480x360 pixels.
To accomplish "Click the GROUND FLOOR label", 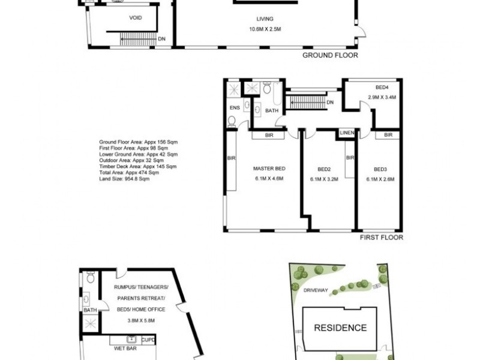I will (x=329, y=55).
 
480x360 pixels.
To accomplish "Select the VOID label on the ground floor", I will (x=136, y=18).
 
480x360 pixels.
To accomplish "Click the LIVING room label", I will (x=265, y=19).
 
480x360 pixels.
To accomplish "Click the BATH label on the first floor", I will (x=272, y=110).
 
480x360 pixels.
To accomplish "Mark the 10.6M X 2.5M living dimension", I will (x=265, y=28).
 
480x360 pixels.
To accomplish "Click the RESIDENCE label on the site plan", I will (x=341, y=328).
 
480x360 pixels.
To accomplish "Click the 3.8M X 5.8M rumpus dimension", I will (x=142, y=320).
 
